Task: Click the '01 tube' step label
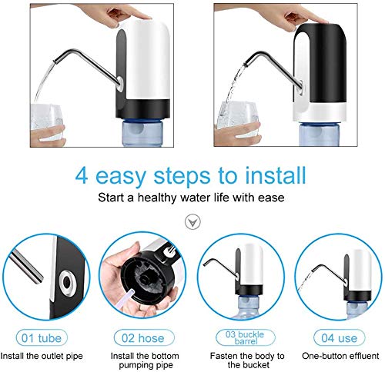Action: click(x=42, y=338)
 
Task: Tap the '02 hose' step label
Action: click(x=143, y=338)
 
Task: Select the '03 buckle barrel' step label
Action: click(x=245, y=337)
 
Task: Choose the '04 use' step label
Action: click(x=340, y=338)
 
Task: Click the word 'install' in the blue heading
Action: click(x=276, y=175)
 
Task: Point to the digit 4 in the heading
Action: click(x=82, y=176)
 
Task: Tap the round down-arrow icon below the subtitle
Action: click(x=192, y=222)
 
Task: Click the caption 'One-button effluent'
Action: click(x=340, y=356)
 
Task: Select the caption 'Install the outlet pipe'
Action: click(x=42, y=356)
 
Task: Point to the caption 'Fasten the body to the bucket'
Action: click(x=247, y=360)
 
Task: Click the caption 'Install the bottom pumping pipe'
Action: click(x=145, y=360)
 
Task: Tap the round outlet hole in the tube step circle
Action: click(x=67, y=282)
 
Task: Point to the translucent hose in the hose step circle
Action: click(x=127, y=300)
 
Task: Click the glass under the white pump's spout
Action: click(x=47, y=122)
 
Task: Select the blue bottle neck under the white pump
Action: click(x=142, y=133)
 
